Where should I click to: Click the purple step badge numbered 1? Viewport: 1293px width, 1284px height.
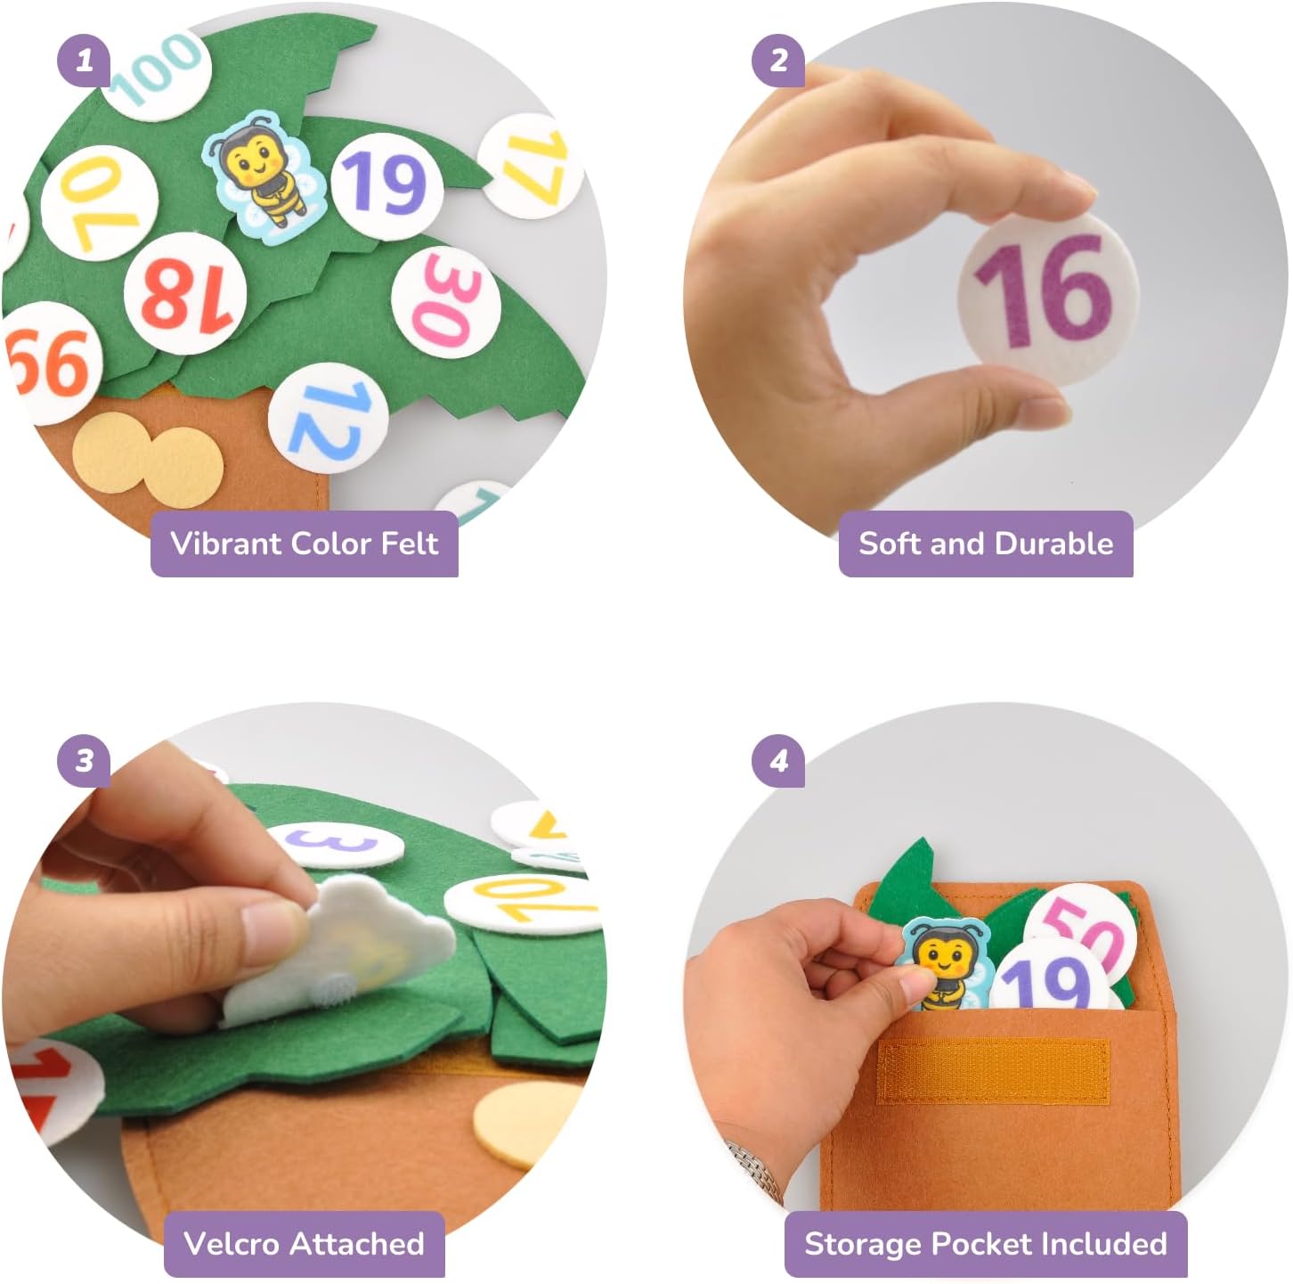[x=84, y=61]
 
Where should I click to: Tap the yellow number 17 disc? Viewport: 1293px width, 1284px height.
[x=532, y=166]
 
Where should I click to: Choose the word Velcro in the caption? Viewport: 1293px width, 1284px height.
[x=233, y=1243]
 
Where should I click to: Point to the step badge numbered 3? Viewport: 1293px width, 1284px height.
[x=84, y=760]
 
